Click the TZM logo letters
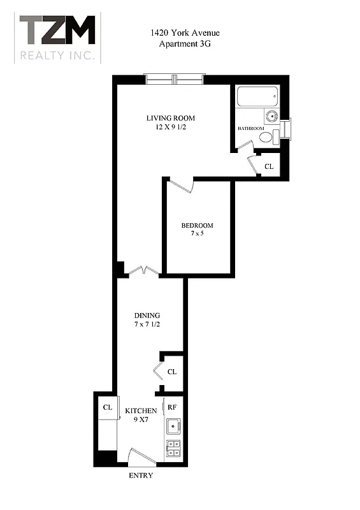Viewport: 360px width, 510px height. pyautogui.click(x=57, y=30)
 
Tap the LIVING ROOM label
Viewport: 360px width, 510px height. pyautogui.click(x=170, y=118)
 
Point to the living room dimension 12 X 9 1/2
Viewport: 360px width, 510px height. pyautogui.click(x=170, y=127)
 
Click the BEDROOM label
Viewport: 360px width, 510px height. pyautogui.click(x=197, y=225)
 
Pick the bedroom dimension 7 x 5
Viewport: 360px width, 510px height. pyautogui.click(x=197, y=234)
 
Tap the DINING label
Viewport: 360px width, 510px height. pyautogui.click(x=147, y=316)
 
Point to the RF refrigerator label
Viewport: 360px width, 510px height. pyautogui.click(x=171, y=406)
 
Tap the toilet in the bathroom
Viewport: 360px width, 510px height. pyautogui.click(x=268, y=136)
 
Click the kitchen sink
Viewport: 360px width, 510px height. pyautogui.click(x=173, y=426)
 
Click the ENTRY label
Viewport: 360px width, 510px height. pyautogui.click(x=141, y=476)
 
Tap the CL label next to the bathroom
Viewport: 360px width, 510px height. pyautogui.click(x=268, y=166)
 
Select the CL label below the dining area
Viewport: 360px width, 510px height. pyautogui.click(x=171, y=372)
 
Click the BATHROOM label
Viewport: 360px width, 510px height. pyautogui.click(x=251, y=129)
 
